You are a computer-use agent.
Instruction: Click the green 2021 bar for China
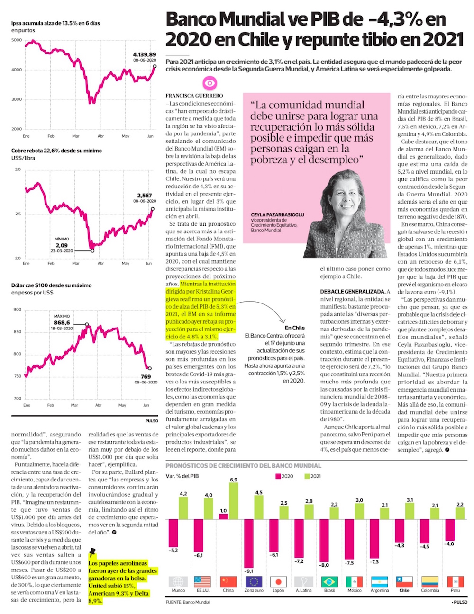click(x=233, y=500)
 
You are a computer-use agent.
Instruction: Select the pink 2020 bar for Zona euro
click(x=249, y=543)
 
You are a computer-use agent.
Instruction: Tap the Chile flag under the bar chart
click(x=404, y=581)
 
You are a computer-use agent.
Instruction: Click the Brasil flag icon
click(x=329, y=581)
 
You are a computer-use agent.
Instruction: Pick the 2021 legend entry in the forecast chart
click(x=312, y=476)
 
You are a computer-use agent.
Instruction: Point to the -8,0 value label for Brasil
click(x=324, y=565)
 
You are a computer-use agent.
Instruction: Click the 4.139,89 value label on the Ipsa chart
click(x=144, y=55)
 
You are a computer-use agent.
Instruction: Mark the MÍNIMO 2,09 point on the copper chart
click(x=92, y=250)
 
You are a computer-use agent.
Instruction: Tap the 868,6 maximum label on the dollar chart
click(x=62, y=322)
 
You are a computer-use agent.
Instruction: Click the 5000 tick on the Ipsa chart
click(x=17, y=40)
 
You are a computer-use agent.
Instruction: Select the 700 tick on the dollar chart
click(x=17, y=398)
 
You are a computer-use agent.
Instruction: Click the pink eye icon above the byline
click(x=209, y=84)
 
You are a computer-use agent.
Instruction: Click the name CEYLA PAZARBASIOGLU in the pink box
click(x=277, y=214)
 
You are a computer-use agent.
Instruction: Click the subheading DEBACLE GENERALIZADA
click(x=353, y=292)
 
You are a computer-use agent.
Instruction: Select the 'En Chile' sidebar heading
click(x=294, y=328)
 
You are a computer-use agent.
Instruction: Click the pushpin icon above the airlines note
click(x=92, y=552)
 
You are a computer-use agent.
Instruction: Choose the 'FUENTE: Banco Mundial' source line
click(x=188, y=602)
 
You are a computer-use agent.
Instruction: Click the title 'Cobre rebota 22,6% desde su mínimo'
click(x=56, y=151)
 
